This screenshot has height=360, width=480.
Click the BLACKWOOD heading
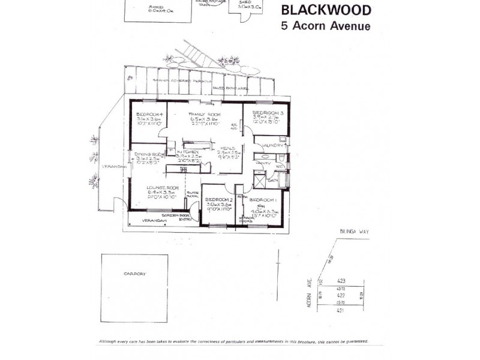[326, 10]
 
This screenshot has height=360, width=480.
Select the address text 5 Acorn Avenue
[326, 26]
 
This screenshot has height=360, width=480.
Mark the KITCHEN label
[188, 152]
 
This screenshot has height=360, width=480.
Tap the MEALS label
[226, 148]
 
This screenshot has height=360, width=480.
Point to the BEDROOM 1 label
[263, 200]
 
